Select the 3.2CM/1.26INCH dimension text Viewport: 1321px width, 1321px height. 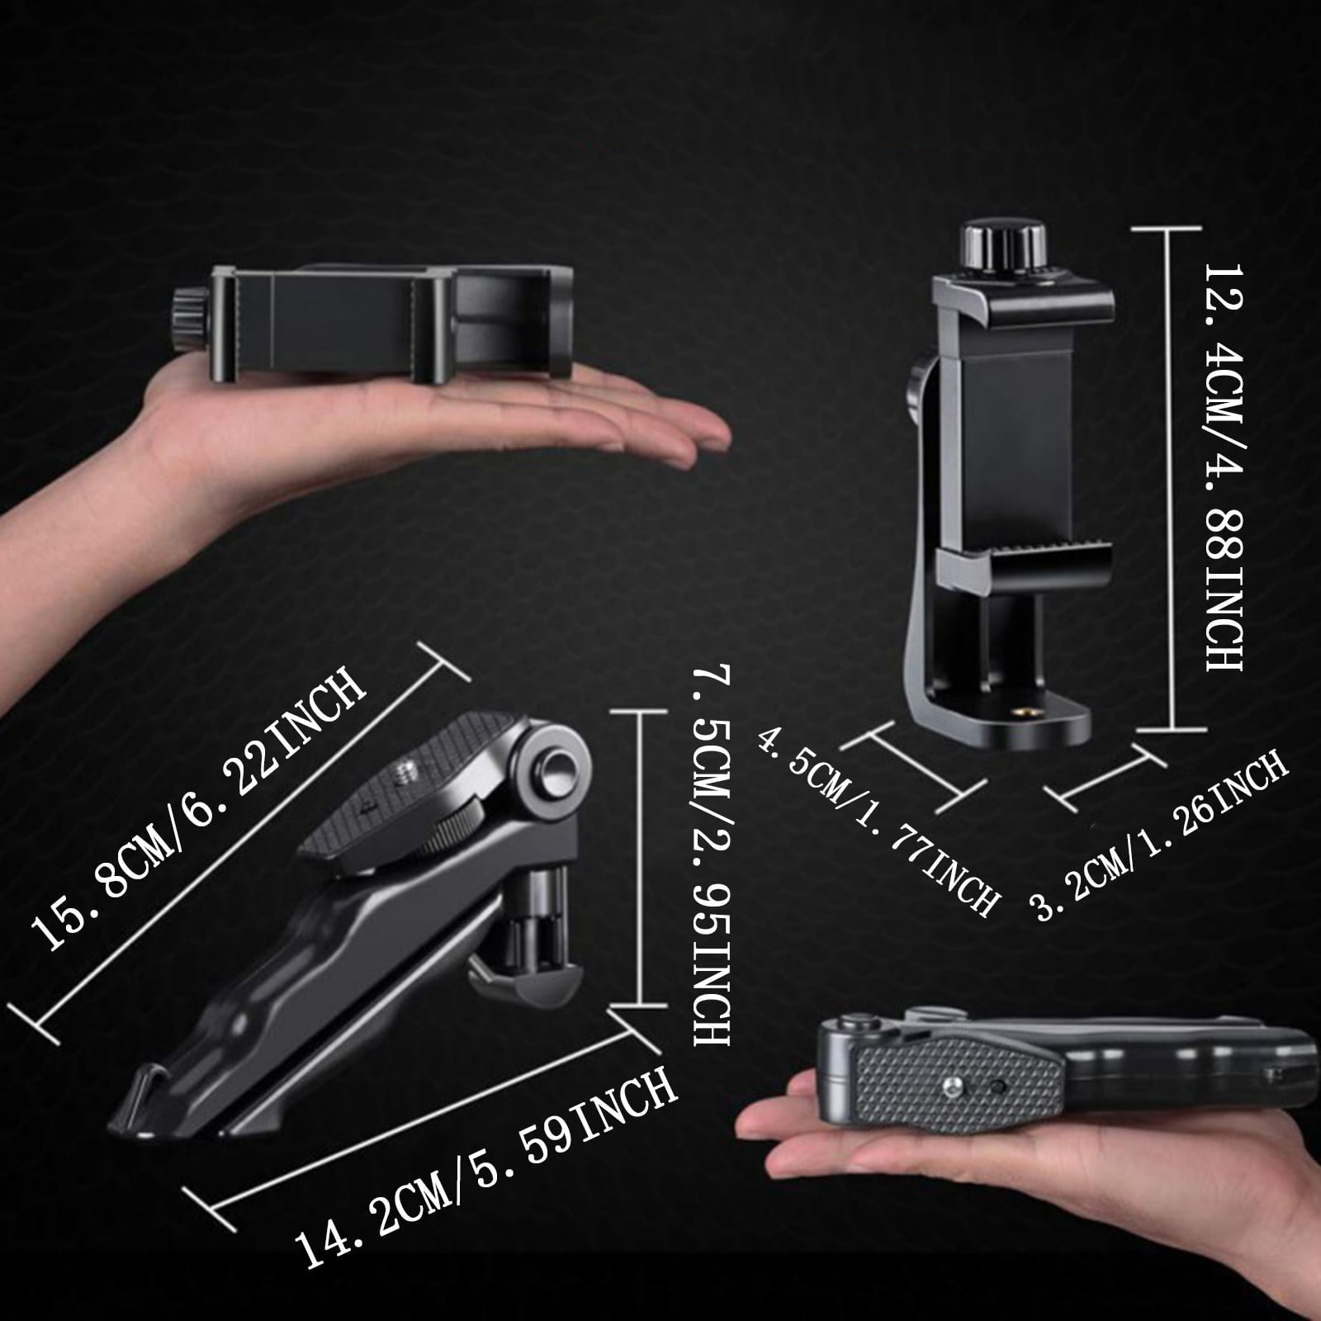coord(1160,834)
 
